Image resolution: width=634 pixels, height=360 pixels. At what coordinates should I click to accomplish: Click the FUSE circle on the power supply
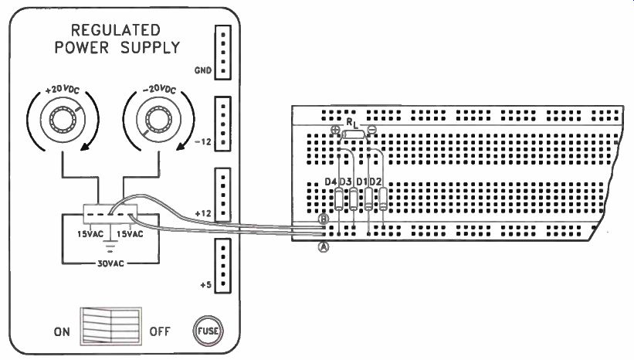click(x=208, y=331)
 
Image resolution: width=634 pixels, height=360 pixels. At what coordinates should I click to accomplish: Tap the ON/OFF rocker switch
click(x=110, y=326)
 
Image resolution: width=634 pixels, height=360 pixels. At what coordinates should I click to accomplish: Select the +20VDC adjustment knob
click(x=63, y=119)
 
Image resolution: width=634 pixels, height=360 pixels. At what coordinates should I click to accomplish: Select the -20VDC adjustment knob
click(x=158, y=119)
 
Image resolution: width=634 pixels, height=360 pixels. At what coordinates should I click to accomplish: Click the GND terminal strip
click(x=223, y=53)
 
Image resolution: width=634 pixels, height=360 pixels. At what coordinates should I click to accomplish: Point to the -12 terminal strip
click(x=223, y=124)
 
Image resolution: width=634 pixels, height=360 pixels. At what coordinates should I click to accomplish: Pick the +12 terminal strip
click(x=223, y=195)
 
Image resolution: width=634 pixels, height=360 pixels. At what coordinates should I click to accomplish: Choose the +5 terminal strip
click(x=223, y=266)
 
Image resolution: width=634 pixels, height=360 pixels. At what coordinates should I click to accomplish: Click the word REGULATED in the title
click(x=116, y=30)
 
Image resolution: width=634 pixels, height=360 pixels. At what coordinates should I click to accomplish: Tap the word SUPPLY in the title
click(x=150, y=48)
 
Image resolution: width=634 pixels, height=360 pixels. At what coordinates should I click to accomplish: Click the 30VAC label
click(x=110, y=263)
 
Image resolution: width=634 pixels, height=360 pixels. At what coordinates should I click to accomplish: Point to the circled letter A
click(x=324, y=246)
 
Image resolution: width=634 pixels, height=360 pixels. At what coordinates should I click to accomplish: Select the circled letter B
click(x=324, y=219)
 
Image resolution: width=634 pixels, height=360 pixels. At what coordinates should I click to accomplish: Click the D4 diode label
click(x=331, y=182)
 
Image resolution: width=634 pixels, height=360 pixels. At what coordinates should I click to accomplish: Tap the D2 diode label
click(x=375, y=182)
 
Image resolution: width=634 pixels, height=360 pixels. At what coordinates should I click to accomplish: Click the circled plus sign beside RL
click(x=335, y=130)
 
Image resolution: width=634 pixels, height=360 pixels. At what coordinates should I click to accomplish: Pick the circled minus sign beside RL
click(x=371, y=130)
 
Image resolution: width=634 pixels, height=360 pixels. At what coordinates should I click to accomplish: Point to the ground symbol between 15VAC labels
click(x=110, y=245)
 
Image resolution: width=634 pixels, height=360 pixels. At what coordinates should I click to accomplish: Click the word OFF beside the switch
click(x=160, y=331)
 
